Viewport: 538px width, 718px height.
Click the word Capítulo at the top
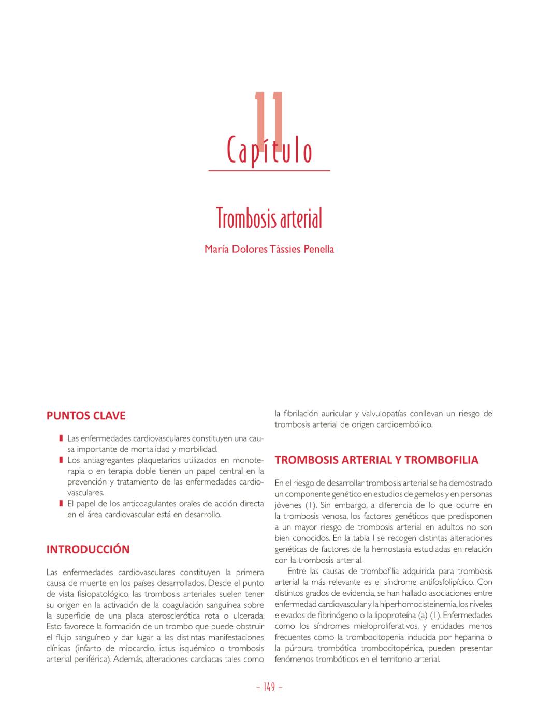coord(269,151)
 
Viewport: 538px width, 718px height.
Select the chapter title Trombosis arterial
coord(269,218)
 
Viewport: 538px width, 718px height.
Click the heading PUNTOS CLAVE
coord(86,416)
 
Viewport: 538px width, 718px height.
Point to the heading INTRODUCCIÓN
coord(88,549)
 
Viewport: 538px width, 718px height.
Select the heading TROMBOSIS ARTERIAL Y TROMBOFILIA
coord(376,460)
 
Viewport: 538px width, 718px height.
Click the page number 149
coord(269,687)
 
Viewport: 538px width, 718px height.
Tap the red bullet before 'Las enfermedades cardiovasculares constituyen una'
coord(61,438)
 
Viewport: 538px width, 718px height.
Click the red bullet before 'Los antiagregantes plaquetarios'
coord(61,460)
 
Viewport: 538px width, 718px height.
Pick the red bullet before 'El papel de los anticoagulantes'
coord(61,504)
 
